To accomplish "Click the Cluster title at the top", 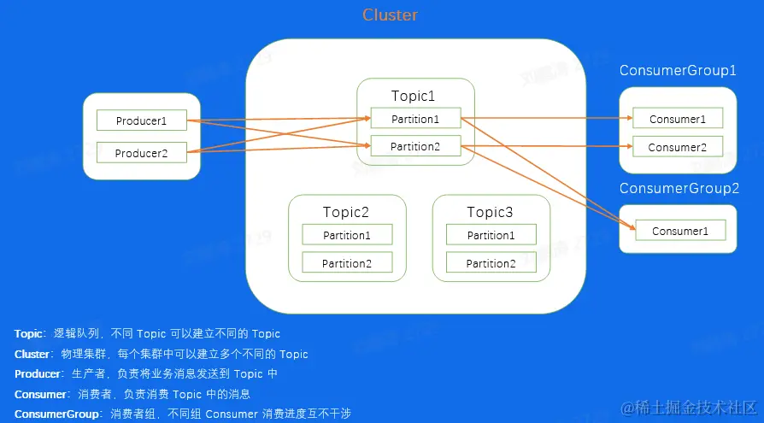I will tap(390, 15).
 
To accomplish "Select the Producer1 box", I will tap(141, 120).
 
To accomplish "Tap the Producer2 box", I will tap(141, 153).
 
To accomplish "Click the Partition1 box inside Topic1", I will tap(415, 119).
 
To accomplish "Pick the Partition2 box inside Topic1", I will tap(415, 146).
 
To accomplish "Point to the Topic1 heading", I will tap(414, 95).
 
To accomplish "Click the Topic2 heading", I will tap(346, 212).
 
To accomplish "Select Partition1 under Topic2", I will tap(347, 235).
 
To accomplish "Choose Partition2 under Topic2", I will tap(347, 263).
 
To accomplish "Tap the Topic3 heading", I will tap(490, 212).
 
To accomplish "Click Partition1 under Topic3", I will tap(491, 235).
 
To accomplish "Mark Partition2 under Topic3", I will tap(491, 263).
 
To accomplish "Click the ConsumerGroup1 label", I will tap(678, 70).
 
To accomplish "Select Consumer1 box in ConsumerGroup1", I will tap(678, 119).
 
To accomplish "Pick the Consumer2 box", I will tap(678, 147).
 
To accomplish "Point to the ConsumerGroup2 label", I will tap(679, 188).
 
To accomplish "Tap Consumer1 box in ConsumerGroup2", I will tap(680, 231).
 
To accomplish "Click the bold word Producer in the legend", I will tap(38, 373).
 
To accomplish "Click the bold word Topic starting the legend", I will tap(28, 333).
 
